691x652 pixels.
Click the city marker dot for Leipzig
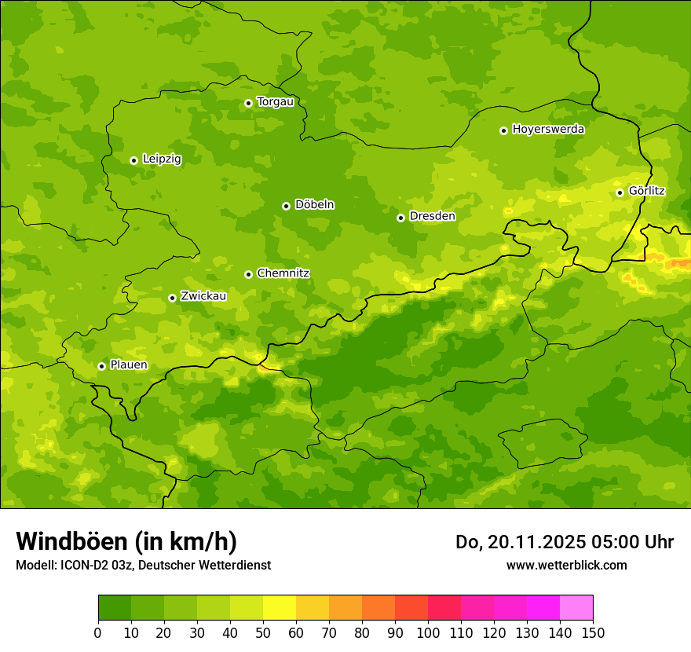coord(133,160)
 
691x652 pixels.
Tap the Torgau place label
coord(275,101)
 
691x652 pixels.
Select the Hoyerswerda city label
coord(548,129)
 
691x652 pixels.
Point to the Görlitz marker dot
coord(620,192)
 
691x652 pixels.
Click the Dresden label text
coord(432,216)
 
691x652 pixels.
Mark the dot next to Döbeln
coord(286,206)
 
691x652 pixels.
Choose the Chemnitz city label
coord(283,273)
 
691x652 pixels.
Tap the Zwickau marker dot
coord(172,298)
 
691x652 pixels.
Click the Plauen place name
coord(129,364)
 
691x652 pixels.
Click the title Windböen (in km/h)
coord(126,541)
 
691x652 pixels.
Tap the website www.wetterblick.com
coord(566,565)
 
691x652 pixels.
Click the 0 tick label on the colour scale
coord(98,632)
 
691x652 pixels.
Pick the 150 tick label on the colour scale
coord(593,632)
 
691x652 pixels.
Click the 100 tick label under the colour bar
coord(428,632)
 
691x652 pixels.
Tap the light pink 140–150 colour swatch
coord(576,608)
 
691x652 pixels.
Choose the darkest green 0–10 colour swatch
coord(115,608)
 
